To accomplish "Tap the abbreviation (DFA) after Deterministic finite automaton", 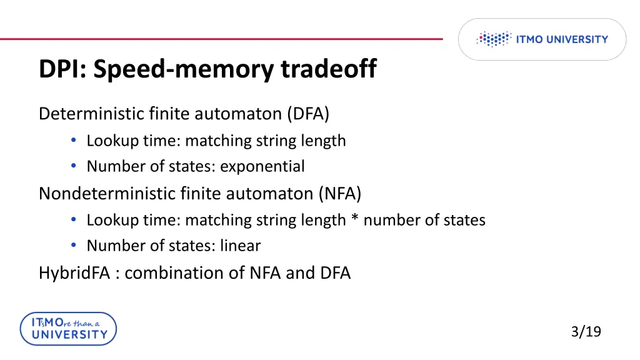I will tap(308, 114).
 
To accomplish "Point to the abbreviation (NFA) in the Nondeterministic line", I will tap(339, 193).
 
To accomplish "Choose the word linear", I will tap(240, 246).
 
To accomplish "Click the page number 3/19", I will tap(586, 331).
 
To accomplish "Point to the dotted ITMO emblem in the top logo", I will tap(494, 39).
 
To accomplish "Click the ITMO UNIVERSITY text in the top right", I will tap(561, 39).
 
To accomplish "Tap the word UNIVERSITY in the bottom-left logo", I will tap(69, 334).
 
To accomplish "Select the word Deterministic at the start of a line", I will tap(92, 114).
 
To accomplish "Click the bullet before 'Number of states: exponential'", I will tap(74, 167).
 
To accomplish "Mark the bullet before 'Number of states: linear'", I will tap(74, 246).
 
